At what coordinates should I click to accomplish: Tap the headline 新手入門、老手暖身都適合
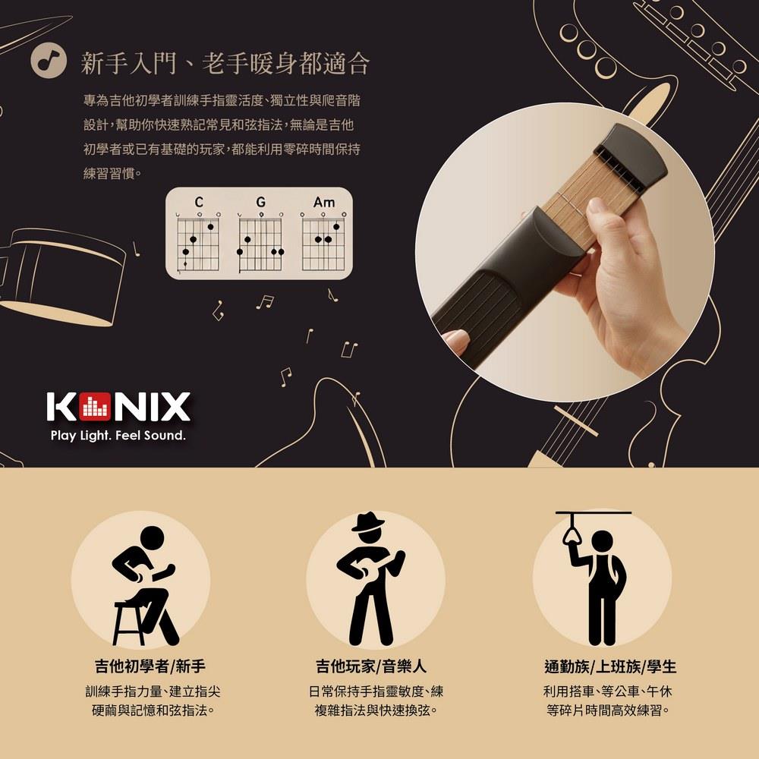(x=225, y=63)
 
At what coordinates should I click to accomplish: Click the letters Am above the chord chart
(x=324, y=201)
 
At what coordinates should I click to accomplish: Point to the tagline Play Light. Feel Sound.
(x=118, y=436)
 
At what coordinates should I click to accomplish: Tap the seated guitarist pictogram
(x=143, y=586)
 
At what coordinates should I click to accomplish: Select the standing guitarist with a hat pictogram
(x=370, y=578)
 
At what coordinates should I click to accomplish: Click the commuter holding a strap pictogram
(x=598, y=578)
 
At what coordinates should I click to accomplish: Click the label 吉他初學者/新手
(x=150, y=666)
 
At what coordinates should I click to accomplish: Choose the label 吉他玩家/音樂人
(x=371, y=666)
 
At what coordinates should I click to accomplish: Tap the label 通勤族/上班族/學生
(x=610, y=666)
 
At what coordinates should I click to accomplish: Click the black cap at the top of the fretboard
(x=631, y=155)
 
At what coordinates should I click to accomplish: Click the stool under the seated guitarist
(x=130, y=623)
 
